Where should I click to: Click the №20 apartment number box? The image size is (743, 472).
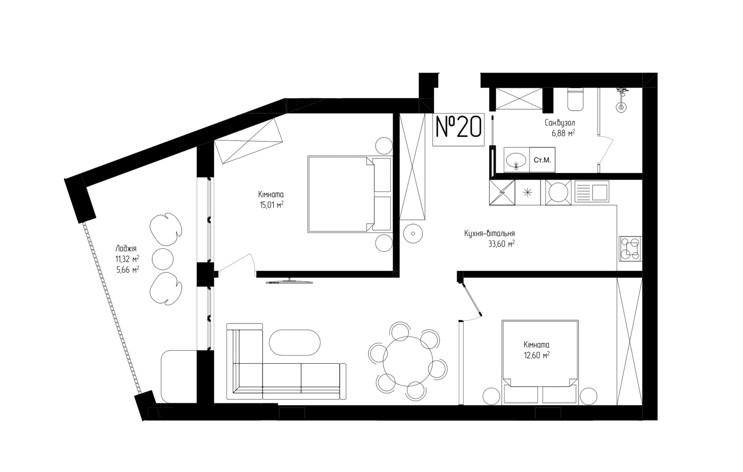click(x=458, y=129)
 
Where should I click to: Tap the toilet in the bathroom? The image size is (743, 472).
click(x=576, y=99)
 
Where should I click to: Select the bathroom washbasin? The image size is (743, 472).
click(x=516, y=160)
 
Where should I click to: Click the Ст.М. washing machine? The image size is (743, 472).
click(x=542, y=160)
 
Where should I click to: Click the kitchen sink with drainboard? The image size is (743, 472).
click(x=592, y=192)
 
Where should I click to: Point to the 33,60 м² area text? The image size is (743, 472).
click(x=502, y=244)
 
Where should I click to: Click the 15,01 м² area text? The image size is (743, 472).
click(x=271, y=205)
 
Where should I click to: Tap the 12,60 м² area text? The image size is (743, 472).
click(x=537, y=355)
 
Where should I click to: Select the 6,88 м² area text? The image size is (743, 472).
click(x=563, y=133)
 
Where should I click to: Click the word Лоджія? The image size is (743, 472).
click(x=126, y=248)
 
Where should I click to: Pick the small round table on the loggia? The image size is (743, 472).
click(x=163, y=258)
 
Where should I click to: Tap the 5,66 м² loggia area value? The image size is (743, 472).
click(x=127, y=270)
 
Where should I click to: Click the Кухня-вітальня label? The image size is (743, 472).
click(x=489, y=233)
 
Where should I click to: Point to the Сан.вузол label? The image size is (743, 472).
click(x=560, y=123)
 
